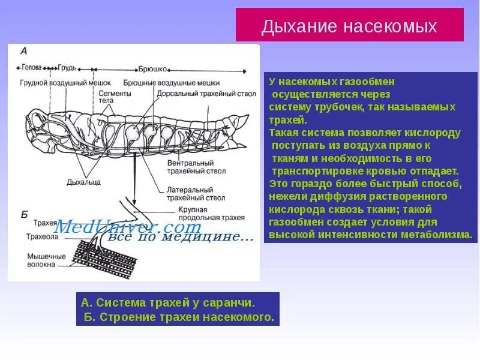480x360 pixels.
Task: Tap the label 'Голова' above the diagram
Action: click(33, 68)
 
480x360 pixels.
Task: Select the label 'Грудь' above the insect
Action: click(68, 68)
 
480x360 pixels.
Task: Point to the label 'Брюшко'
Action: click(152, 68)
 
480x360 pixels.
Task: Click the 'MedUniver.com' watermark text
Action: click(128, 227)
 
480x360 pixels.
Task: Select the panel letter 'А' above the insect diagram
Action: click(23, 52)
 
